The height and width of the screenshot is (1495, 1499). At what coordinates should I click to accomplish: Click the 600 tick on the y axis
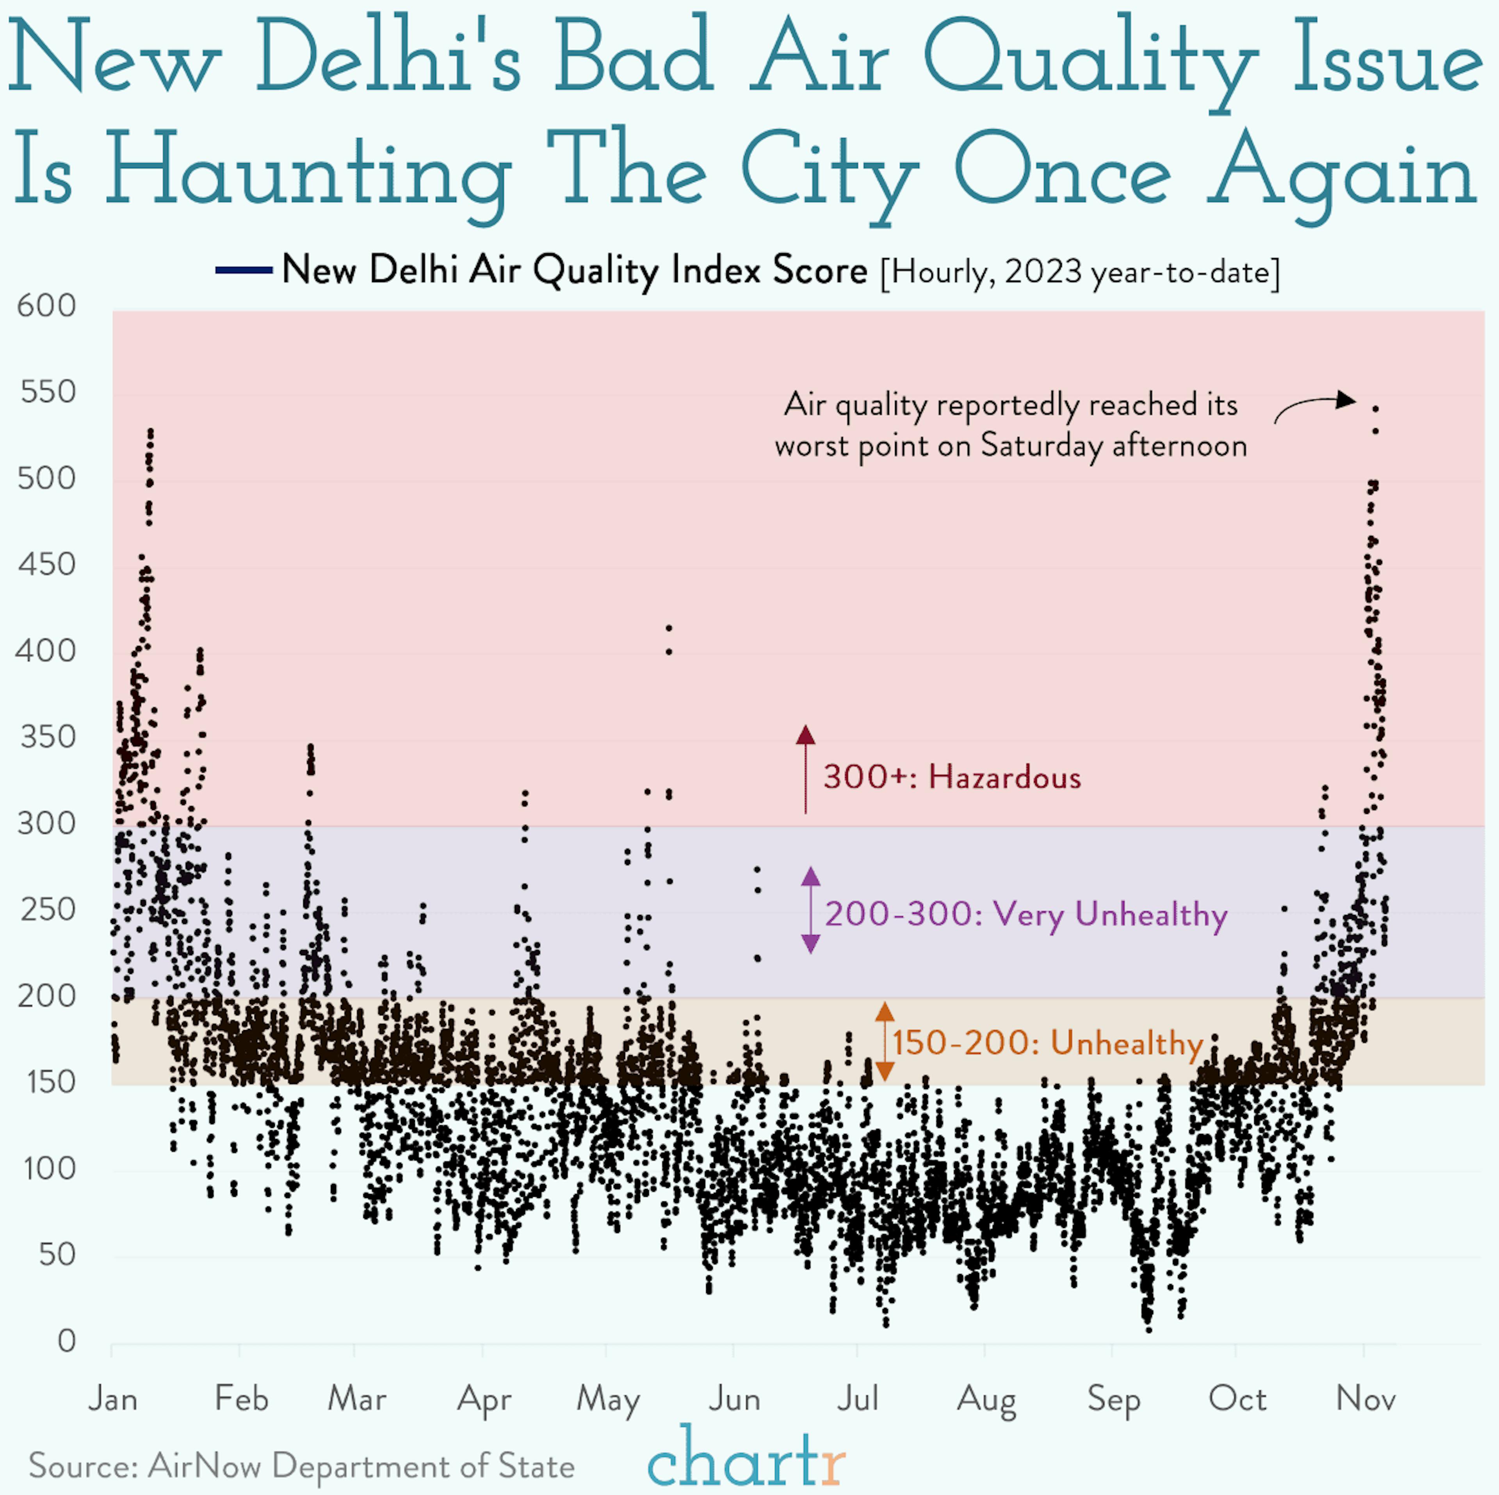pos(46,306)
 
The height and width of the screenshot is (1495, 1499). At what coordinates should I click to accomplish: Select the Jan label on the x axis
pos(113,1399)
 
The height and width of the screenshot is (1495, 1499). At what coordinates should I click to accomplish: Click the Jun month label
pos(734,1399)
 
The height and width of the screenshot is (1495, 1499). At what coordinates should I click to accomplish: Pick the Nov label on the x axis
pos(1365,1399)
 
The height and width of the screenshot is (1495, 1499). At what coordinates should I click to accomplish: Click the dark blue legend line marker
pos(244,270)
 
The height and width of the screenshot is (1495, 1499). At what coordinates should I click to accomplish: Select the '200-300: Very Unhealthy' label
pos(1026,914)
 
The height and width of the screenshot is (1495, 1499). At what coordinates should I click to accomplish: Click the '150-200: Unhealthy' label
pos(1047,1043)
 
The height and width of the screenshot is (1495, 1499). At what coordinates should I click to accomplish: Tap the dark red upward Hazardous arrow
pos(805,768)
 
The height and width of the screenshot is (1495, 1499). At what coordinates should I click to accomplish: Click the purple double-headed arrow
pos(810,910)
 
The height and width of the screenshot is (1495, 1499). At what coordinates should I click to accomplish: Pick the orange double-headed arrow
pos(885,1041)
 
